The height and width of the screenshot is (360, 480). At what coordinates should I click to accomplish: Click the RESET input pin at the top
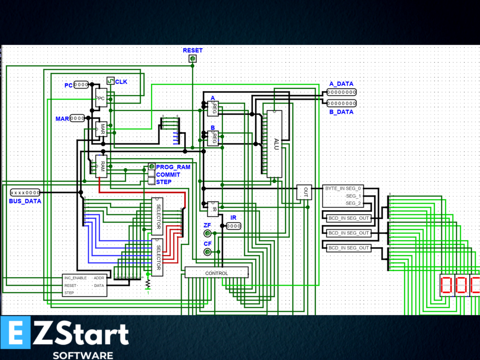pos(193,59)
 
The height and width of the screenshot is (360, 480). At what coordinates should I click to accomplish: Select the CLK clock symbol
pos(110,81)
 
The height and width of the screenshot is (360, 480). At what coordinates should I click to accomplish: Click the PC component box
pos(101,98)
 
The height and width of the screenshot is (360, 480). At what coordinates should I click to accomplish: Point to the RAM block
pos(102,166)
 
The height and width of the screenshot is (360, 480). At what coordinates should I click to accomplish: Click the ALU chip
pos(274,144)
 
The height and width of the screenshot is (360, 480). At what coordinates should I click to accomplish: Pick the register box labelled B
pos(213,138)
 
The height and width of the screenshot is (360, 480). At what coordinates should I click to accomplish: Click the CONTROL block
pos(216,273)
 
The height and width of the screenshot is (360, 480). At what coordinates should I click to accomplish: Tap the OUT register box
pos(304,192)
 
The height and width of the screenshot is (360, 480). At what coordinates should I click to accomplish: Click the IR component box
pos(213,209)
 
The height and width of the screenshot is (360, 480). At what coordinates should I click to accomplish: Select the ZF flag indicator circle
pos(208,233)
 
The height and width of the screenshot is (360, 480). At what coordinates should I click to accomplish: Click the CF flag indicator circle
pos(208,252)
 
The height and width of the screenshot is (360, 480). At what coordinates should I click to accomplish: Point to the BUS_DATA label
pos(25,201)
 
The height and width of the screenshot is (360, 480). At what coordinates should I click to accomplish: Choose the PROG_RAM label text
pos(173,167)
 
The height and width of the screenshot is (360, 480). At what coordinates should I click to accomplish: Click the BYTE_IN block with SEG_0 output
pos(343,196)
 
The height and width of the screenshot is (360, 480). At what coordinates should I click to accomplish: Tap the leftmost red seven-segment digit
pos(446,285)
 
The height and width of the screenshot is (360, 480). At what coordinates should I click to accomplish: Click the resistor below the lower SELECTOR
pos(148,283)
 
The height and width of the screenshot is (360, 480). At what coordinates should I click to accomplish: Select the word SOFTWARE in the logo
pos(83,355)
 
